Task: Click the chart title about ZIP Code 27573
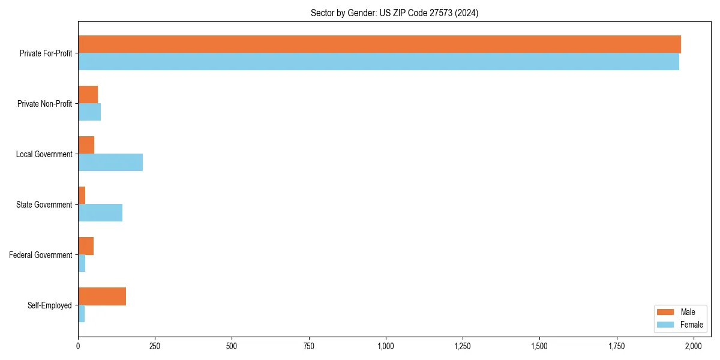[394, 13]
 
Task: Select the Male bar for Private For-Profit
[379, 44]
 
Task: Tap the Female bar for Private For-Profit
[379, 62]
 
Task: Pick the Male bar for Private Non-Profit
[88, 95]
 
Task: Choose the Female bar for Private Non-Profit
[89, 112]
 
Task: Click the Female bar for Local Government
[110, 163]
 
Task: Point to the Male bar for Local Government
[86, 145]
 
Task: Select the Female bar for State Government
[100, 213]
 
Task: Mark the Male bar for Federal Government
[86, 246]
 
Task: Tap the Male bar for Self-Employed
[102, 296]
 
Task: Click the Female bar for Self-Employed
[82, 314]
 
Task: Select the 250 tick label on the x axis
[155, 346]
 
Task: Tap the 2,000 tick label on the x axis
[694, 346]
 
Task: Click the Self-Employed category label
[50, 305]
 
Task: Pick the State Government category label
[44, 205]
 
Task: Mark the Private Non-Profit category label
[44, 104]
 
